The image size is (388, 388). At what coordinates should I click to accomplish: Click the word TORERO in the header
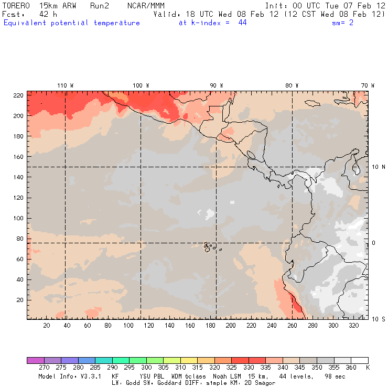click(x=15, y=5)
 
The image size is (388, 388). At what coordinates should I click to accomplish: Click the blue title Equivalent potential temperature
click(x=71, y=23)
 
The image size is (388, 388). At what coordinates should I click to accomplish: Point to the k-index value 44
click(x=242, y=23)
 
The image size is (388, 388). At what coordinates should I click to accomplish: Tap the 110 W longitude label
click(x=65, y=85)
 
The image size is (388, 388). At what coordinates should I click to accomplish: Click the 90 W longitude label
click(x=217, y=85)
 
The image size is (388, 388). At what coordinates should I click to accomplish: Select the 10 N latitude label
click(x=379, y=167)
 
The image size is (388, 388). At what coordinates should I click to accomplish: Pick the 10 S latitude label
click(x=379, y=319)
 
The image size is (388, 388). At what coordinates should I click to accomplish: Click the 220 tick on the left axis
click(x=18, y=95)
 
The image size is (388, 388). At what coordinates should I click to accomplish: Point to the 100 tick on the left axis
click(x=18, y=218)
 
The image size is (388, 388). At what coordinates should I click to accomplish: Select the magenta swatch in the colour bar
click(x=35, y=360)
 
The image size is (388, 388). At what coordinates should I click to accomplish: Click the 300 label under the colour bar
click(x=146, y=368)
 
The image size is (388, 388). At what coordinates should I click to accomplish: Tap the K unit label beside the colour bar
click(x=367, y=368)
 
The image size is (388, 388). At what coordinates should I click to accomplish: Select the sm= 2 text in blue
click(x=342, y=23)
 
